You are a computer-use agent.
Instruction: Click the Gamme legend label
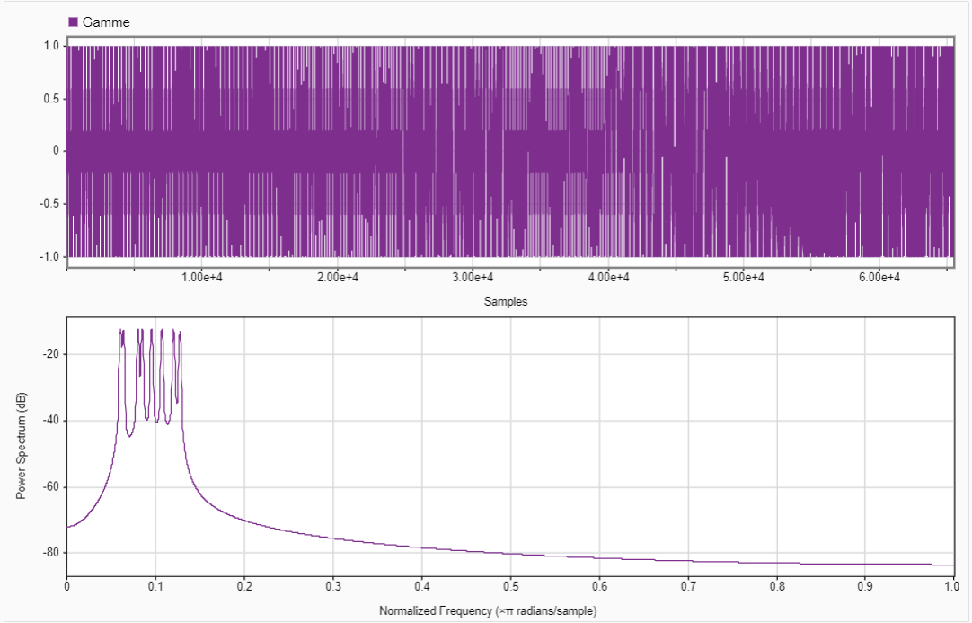tap(106, 22)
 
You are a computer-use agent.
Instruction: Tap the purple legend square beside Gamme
tap(74, 22)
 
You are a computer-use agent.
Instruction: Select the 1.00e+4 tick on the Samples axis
tap(202, 277)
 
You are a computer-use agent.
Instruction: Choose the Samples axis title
tap(506, 302)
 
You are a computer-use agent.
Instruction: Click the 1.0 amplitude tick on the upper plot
tap(51, 45)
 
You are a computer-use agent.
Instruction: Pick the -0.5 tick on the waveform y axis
tap(49, 203)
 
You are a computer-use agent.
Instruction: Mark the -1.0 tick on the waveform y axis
tap(49, 256)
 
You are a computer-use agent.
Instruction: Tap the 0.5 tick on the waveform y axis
tap(51, 98)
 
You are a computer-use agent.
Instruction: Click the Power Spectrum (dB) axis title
tap(22, 446)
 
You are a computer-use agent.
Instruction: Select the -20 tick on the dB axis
tap(50, 354)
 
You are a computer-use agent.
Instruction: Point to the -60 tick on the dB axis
tap(50, 486)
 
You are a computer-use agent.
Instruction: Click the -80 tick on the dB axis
tap(50, 552)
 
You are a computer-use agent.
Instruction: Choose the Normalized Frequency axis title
tap(488, 611)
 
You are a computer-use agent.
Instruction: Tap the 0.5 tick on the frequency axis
tap(510, 588)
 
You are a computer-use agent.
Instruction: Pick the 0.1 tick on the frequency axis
tap(155, 588)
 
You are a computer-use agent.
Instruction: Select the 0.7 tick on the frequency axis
tap(688, 588)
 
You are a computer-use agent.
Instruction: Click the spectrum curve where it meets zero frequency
tap(68, 527)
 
